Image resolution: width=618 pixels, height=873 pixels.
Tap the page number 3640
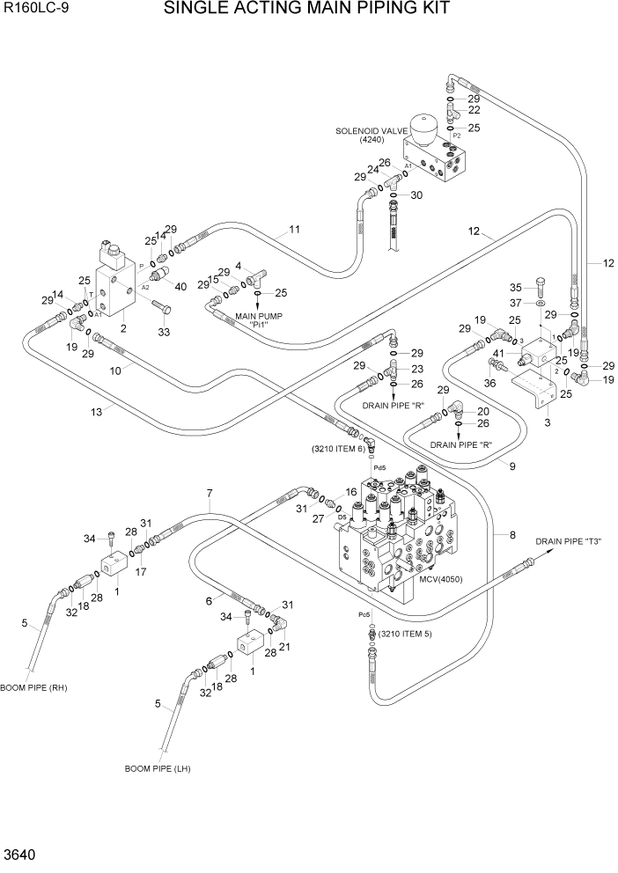pyautogui.click(x=18, y=855)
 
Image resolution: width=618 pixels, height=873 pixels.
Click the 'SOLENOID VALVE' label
pyautogui.click(x=365, y=130)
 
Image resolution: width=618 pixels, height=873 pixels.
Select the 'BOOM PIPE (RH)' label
pyautogui.click(x=33, y=687)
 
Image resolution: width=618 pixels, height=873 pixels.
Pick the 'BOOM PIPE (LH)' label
pyautogui.click(x=158, y=768)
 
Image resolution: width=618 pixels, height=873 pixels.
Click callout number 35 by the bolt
pyautogui.click(x=517, y=286)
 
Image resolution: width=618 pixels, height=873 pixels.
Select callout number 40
pyautogui.click(x=181, y=285)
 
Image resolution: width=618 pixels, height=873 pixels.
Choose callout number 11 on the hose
pyautogui.click(x=294, y=230)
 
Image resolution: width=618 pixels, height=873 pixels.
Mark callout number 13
pyautogui.click(x=96, y=412)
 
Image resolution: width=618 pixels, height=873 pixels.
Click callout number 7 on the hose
pyautogui.click(x=210, y=493)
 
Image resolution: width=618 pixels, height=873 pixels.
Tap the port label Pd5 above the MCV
pyautogui.click(x=379, y=468)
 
